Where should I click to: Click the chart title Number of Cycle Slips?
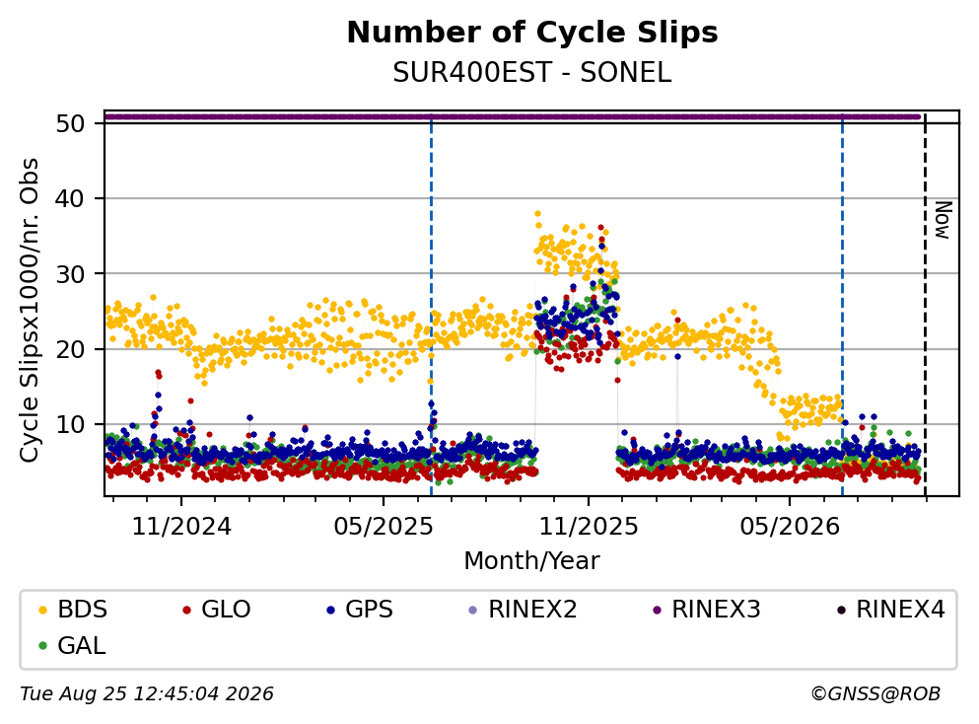click(x=532, y=33)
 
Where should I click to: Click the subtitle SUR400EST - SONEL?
click(x=532, y=73)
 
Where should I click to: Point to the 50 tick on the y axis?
click(x=70, y=123)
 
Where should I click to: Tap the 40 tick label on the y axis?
click(x=70, y=198)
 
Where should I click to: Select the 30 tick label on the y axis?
click(x=70, y=273)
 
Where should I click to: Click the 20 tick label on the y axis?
click(x=70, y=349)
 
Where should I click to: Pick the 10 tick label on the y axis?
click(x=70, y=425)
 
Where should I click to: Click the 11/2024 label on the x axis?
click(x=181, y=527)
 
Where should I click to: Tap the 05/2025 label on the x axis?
click(x=383, y=527)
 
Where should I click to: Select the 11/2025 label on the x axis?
click(x=589, y=527)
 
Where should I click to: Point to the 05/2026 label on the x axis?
click(x=790, y=527)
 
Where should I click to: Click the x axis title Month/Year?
click(x=531, y=561)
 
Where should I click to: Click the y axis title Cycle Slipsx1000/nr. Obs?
click(x=30, y=310)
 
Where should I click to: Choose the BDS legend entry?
click(x=72, y=609)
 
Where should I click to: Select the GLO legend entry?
click(x=216, y=609)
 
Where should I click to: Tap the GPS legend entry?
click(x=360, y=609)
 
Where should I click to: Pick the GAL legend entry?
click(x=72, y=645)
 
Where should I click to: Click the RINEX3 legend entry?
click(x=706, y=609)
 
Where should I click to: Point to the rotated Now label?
click(x=943, y=220)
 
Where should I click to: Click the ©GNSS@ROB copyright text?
click(x=875, y=694)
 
